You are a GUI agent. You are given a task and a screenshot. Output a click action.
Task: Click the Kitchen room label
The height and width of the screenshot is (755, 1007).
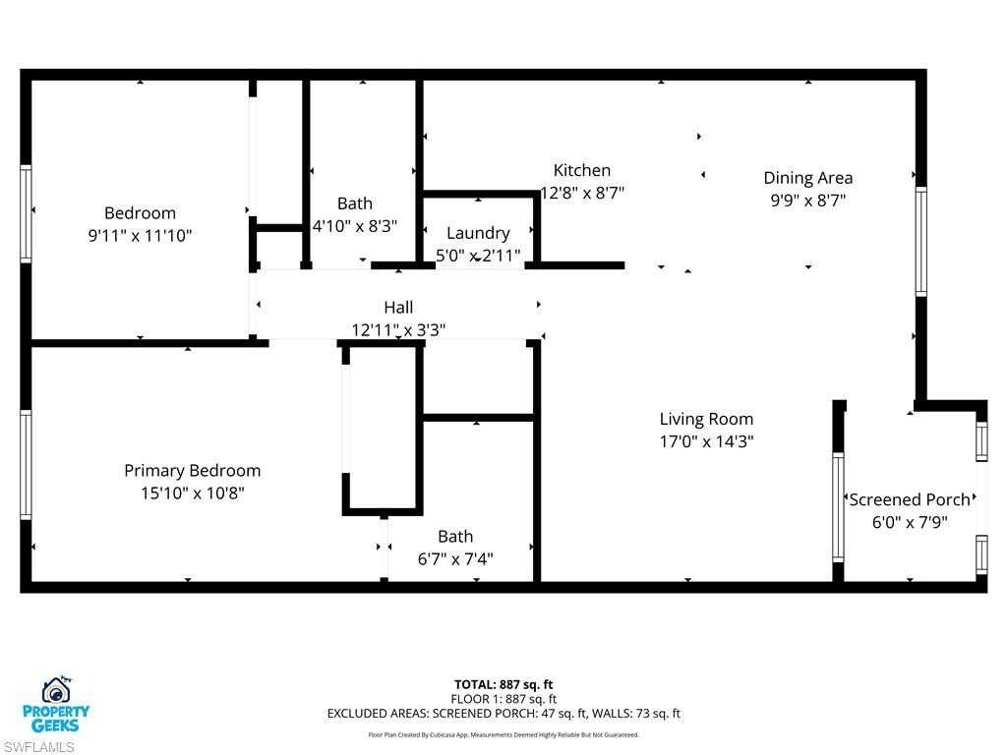(x=581, y=170)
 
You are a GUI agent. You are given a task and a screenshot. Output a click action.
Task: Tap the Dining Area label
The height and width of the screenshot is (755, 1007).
(x=807, y=178)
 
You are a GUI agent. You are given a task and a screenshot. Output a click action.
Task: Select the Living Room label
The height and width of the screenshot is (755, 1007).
(x=706, y=419)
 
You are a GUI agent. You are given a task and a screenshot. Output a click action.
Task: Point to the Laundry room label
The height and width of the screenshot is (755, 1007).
(x=478, y=233)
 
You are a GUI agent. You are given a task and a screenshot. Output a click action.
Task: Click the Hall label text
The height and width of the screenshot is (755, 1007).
(x=398, y=308)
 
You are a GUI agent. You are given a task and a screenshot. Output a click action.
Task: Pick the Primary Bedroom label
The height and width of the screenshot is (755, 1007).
(x=192, y=471)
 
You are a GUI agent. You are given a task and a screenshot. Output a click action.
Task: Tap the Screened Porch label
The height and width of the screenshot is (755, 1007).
(x=910, y=499)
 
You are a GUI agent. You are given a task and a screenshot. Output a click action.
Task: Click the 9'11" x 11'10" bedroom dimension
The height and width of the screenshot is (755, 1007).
(x=140, y=236)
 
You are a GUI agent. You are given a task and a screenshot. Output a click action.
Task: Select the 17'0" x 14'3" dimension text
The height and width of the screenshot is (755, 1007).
(x=706, y=442)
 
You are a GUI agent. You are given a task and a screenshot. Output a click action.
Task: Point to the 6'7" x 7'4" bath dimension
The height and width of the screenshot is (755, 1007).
(x=455, y=559)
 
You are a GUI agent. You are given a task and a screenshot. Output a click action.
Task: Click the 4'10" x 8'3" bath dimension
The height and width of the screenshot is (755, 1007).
(x=355, y=225)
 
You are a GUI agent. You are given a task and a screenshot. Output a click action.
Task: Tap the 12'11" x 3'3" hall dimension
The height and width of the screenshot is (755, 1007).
(x=398, y=330)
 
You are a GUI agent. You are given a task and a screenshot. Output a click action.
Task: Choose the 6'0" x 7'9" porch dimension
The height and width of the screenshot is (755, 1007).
(x=910, y=522)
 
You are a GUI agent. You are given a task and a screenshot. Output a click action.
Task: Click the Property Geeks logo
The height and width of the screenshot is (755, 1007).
(x=56, y=704)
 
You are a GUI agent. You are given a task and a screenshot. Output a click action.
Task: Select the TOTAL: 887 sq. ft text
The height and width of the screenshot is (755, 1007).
(x=503, y=684)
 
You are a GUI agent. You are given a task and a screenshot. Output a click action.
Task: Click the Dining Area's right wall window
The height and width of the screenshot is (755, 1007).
(x=920, y=241)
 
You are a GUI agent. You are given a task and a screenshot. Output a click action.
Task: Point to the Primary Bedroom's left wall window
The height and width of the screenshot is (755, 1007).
(x=26, y=464)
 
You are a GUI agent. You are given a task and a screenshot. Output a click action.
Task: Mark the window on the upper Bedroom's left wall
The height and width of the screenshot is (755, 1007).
(x=26, y=213)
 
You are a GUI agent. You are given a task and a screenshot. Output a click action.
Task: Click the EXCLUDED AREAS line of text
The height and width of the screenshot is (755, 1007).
(x=503, y=714)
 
